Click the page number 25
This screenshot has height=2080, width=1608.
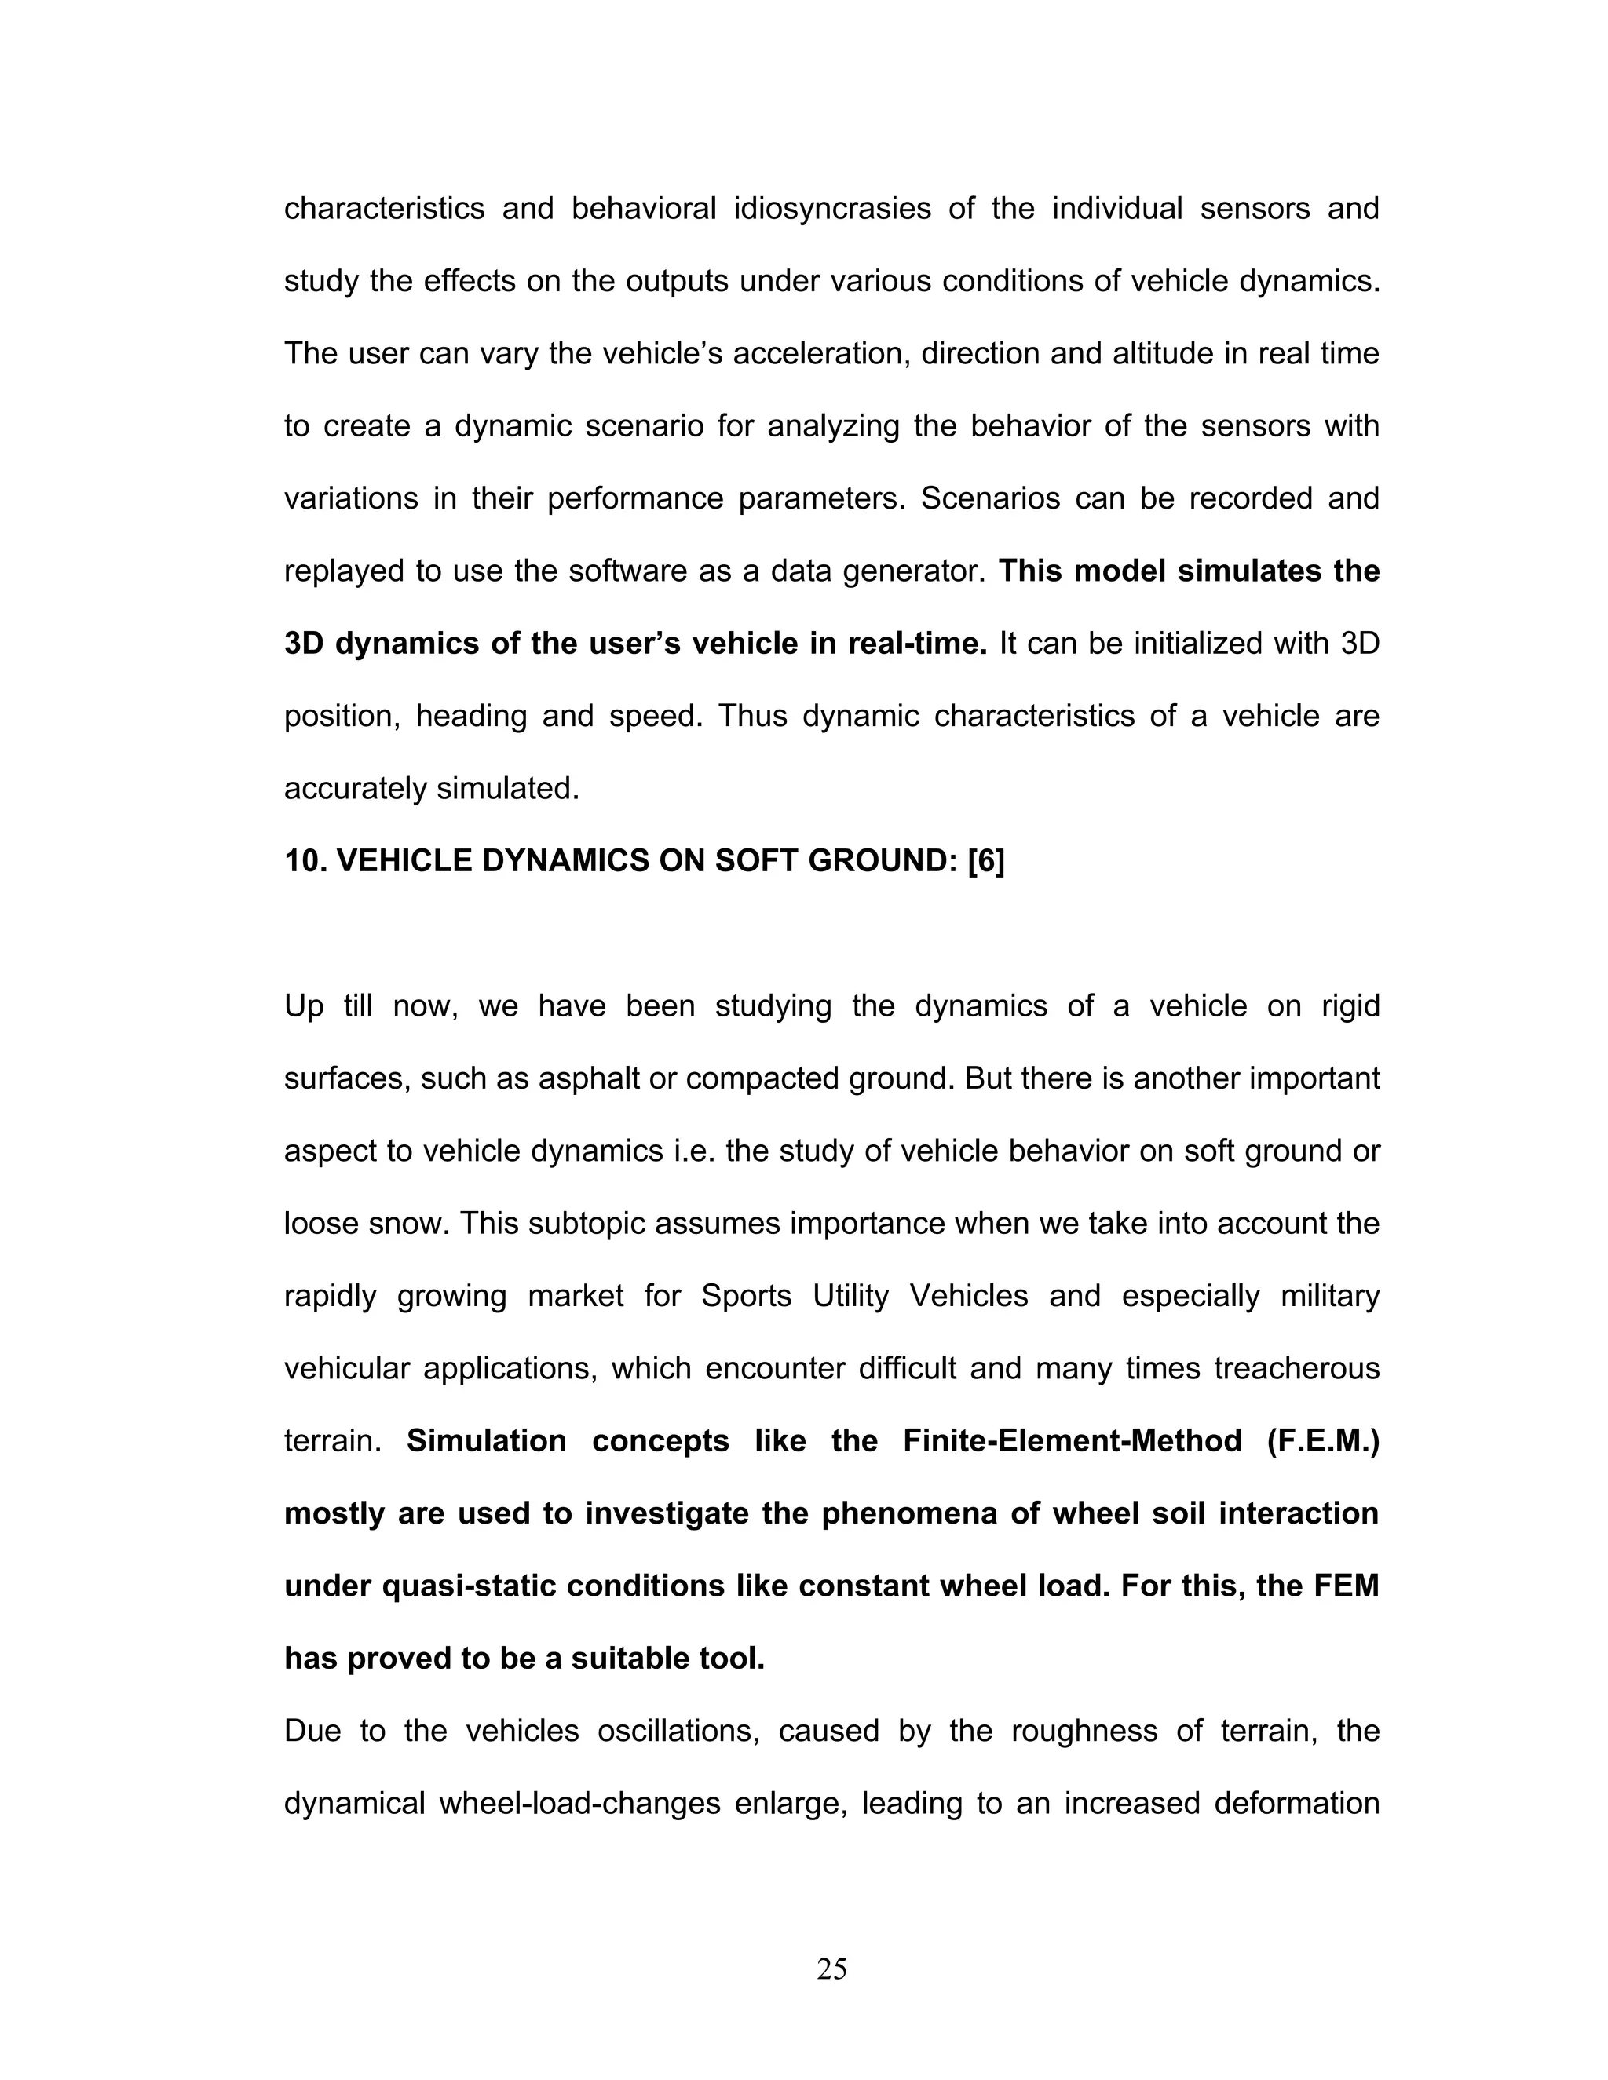pos(831,1968)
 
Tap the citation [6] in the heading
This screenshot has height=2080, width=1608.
pos(985,861)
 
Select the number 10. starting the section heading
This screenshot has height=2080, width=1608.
pos(305,861)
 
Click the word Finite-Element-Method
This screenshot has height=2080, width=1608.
pos(1072,1441)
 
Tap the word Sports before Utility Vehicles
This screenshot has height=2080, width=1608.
pos(746,1296)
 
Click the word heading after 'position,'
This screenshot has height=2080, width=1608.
pos(470,716)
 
